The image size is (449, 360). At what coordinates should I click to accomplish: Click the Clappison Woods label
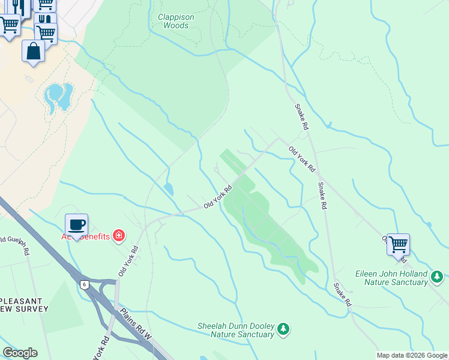(176, 22)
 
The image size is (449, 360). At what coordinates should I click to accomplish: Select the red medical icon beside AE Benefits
(119, 235)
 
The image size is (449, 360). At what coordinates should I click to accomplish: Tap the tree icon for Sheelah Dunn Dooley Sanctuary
(283, 329)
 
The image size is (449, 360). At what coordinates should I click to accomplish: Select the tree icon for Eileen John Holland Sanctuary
(438, 277)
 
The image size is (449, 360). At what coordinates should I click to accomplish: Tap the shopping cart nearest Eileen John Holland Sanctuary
(398, 245)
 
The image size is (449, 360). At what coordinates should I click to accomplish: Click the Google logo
(20, 353)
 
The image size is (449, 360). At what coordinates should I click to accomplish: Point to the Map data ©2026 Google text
(412, 355)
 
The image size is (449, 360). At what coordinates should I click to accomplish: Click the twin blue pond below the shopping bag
(58, 96)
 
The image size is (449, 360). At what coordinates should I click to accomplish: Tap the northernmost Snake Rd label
(301, 117)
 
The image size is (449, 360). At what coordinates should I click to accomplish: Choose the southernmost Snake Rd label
(343, 294)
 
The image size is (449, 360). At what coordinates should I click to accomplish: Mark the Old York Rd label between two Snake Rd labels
(302, 159)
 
